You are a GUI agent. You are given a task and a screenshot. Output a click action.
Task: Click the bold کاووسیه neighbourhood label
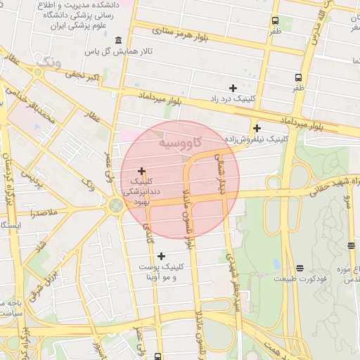point(182,143)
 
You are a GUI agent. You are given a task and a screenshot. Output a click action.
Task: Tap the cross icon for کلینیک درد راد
point(233,88)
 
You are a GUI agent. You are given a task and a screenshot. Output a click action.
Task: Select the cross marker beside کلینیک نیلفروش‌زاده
point(257,128)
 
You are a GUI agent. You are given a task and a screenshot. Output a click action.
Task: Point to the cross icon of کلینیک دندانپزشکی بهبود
point(142,170)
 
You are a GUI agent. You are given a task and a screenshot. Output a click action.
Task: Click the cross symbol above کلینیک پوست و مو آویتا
point(162,256)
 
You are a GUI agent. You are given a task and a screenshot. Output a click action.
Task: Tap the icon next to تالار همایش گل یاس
point(117,39)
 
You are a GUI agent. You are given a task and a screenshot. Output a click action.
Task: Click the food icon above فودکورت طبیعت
point(300,268)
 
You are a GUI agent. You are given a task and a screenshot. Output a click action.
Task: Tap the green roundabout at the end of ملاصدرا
point(115,207)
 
